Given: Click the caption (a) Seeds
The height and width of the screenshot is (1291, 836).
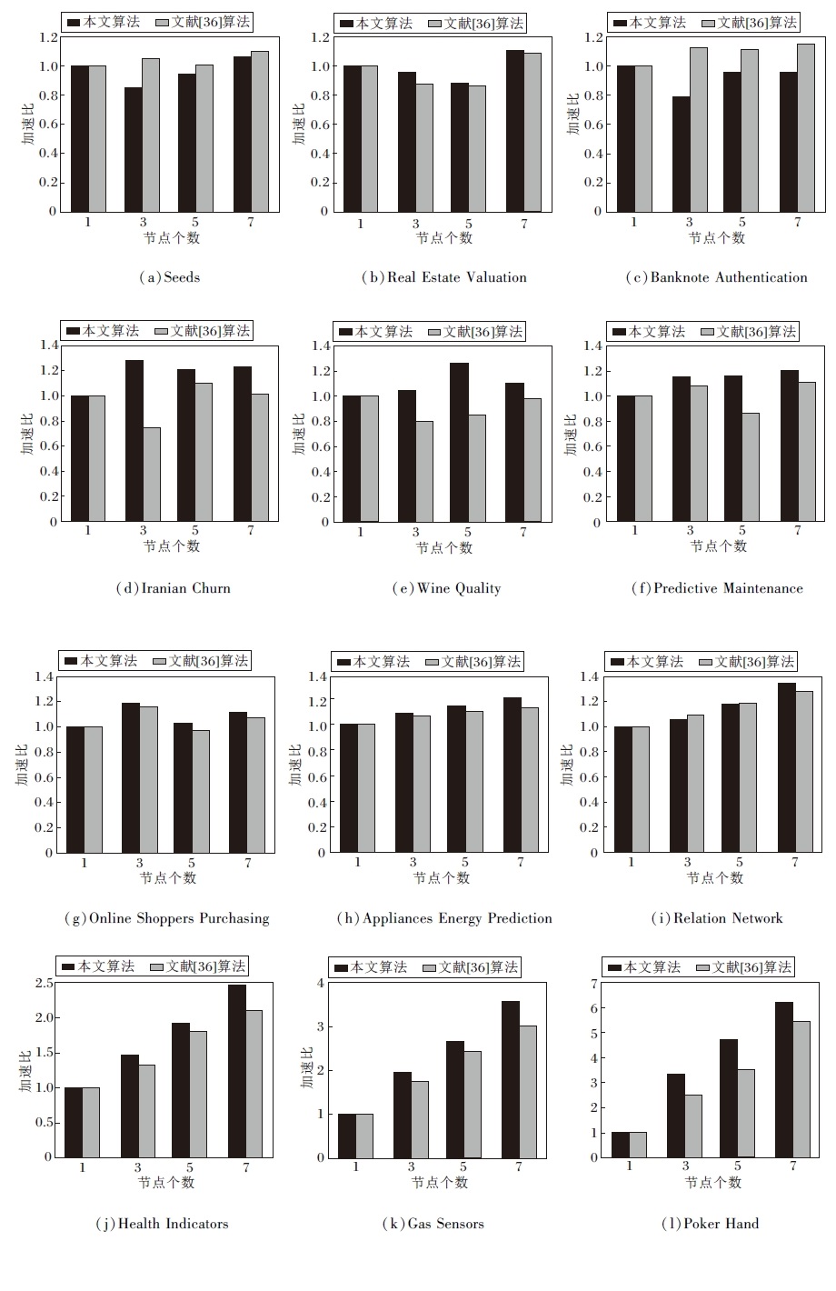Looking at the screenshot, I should (169, 277).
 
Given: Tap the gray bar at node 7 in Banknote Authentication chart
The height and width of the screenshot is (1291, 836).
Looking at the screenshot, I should (806, 127).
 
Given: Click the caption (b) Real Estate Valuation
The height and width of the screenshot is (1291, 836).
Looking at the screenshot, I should (443, 277).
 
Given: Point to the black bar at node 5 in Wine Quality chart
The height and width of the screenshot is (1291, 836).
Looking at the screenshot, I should (460, 442).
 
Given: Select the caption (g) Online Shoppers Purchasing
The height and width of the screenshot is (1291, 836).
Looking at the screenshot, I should (167, 918).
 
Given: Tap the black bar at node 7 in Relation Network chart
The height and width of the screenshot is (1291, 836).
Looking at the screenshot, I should (787, 767).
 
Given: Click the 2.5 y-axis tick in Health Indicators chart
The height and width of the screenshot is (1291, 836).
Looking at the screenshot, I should (43, 984).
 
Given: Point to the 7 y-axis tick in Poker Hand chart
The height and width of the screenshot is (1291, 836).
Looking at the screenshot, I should (593, 984).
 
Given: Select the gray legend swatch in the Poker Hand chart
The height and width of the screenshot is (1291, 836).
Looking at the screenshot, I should (702, 967).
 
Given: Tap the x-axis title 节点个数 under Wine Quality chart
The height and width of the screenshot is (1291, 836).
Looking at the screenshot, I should (444, 548).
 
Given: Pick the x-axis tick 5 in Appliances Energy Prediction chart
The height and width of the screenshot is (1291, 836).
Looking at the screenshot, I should (465, 862).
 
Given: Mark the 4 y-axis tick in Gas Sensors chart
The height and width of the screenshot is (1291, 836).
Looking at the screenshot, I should (319, 984).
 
